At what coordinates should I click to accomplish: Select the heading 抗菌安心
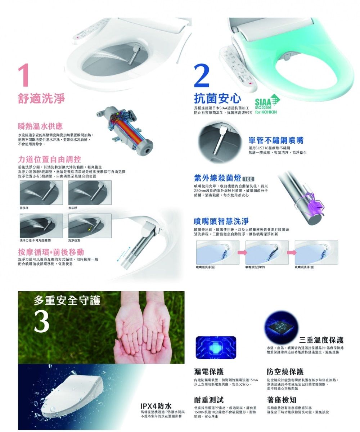pyautogui.click(x=217, y=98)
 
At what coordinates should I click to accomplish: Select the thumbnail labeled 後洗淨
pyautogui.click(x=89, y=193)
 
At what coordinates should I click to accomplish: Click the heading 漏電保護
pyautogui.click(x=208, y=371)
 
